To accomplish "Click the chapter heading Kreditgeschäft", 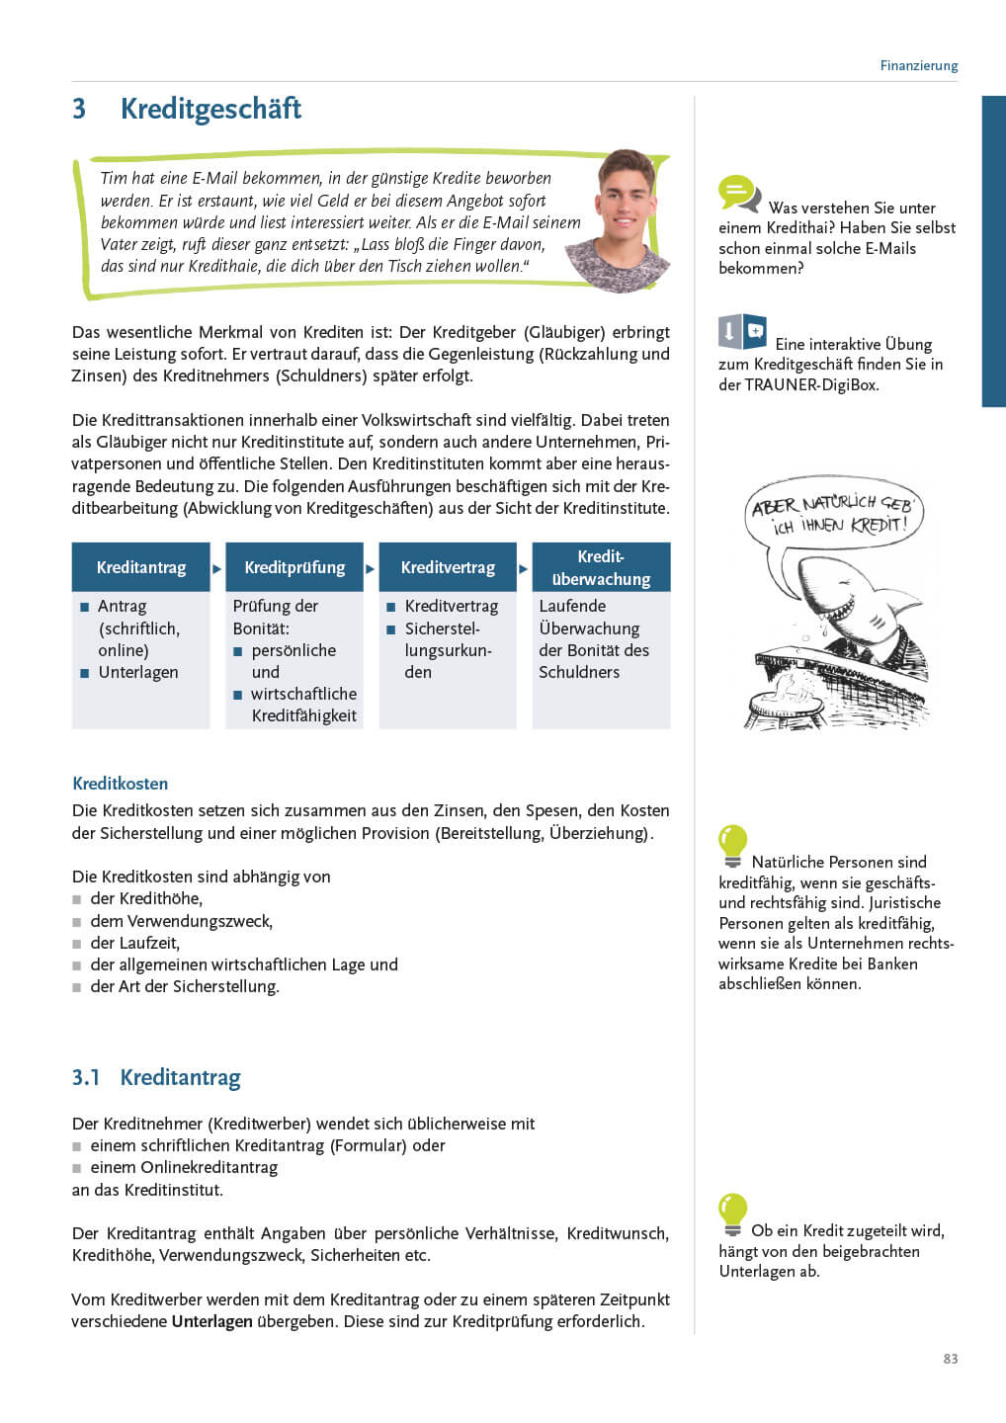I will (x=210, y=109).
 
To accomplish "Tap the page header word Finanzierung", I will (x=918, y=66).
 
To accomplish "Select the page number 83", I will (x=950, y=1359).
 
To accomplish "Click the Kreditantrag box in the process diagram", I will (x=141, y=567).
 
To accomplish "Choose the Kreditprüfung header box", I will (x=294, y=567).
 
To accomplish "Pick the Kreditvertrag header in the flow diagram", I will (x=448, y=567).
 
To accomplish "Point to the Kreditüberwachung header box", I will (x=601, y=567).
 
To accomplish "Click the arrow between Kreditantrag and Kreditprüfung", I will (x=217, y=568).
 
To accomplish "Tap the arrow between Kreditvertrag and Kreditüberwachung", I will (x=524, y=568).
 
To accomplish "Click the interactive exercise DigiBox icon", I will (x=742, y=332).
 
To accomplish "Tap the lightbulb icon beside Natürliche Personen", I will (x=732, y=846).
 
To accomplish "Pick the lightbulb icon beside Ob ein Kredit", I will (x=732, y=1214).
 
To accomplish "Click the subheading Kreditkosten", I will (x=120, y=784).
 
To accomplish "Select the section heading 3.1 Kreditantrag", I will (x=156, y=1077).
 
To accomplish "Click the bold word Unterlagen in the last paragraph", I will (x=211, y=1321).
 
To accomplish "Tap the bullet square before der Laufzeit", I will (x=76, y=944).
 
